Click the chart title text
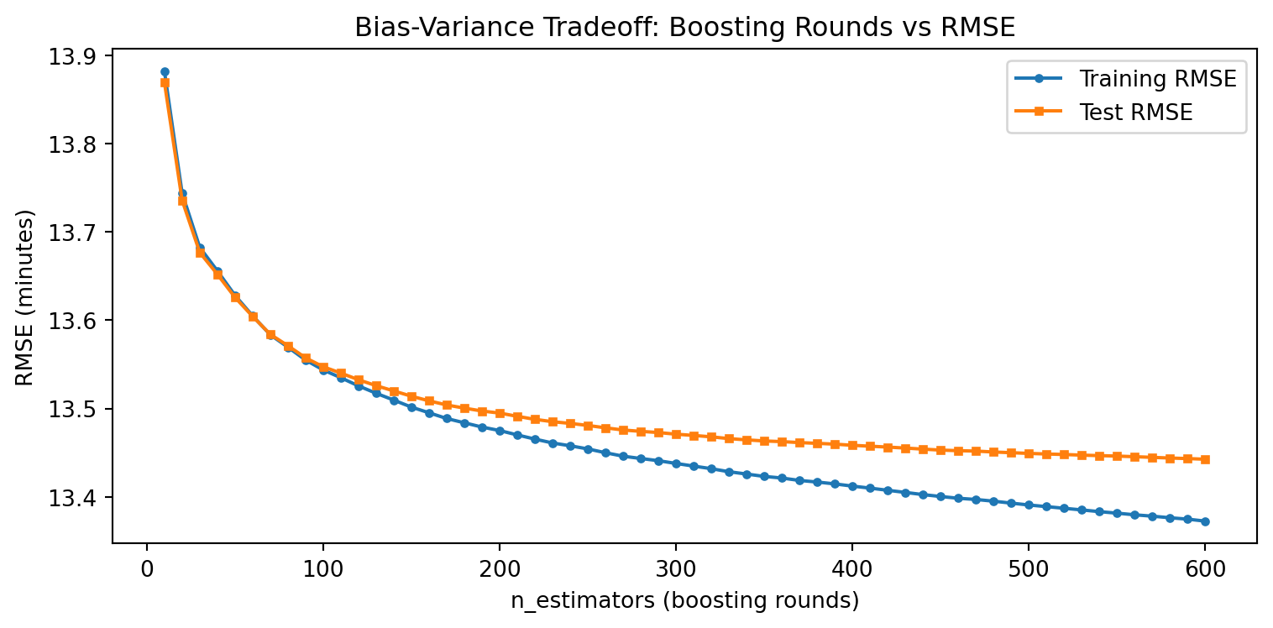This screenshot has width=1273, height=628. point(684,28)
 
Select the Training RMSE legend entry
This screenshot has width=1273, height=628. point(1157,80)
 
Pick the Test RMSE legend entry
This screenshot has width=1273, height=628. point(1135,113)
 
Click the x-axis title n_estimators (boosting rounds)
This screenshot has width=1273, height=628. point(684,601)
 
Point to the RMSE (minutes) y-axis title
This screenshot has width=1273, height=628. point(25,298)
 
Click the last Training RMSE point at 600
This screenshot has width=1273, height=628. point(1205,521)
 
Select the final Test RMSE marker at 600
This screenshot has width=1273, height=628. point(1205,459)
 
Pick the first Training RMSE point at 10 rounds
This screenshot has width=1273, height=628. point(165,72)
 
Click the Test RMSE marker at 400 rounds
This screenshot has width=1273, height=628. point(852,445)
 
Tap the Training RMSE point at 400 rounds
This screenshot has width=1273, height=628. point(852,486)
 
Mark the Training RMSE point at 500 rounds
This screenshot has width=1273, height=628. point(1029,505)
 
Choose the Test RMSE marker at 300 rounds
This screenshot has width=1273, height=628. point(676,434)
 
